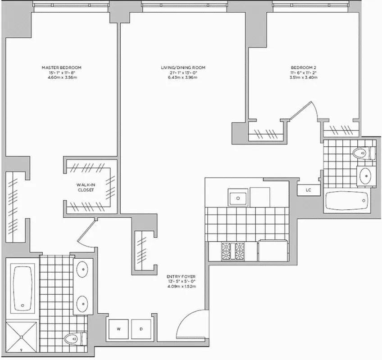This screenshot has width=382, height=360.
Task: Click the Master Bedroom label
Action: [x=61, y=67]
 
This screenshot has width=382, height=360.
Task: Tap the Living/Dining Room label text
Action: [x=183, y=67]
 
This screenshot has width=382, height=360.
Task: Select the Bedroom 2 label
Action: [x=303, y=67]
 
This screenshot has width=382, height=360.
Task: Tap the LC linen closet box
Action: [x=308, y=190]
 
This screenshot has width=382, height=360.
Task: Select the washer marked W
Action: [x=119, y=329]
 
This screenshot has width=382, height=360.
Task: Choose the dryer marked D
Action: [x=141, y=329]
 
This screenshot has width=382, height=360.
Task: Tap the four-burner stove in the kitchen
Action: [x=232, y=251]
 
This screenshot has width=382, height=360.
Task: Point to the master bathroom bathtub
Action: [x=22, y=288]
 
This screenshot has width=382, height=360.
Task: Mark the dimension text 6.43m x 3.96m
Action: [x=183, y=78]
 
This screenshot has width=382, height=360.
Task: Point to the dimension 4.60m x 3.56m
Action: [x=61, y=78]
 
